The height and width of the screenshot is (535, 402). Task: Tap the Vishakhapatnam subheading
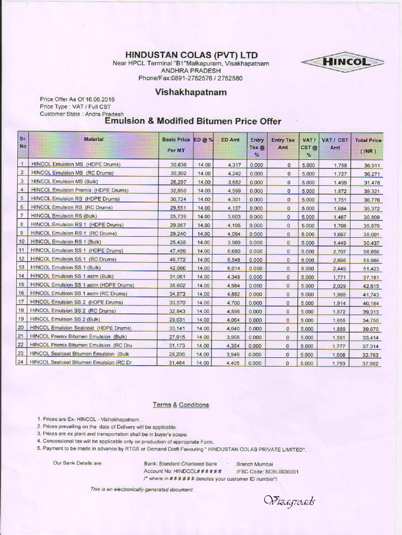click(191, 92)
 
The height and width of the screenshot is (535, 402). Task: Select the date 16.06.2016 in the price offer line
click(99, 99)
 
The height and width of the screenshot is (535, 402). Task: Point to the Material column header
click(94, 139)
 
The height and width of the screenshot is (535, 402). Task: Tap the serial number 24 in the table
click(22, 363)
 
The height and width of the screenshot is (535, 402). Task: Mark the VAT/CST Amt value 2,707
click(339, 251)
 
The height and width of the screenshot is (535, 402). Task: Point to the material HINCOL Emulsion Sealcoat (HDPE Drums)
click(81, 328)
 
